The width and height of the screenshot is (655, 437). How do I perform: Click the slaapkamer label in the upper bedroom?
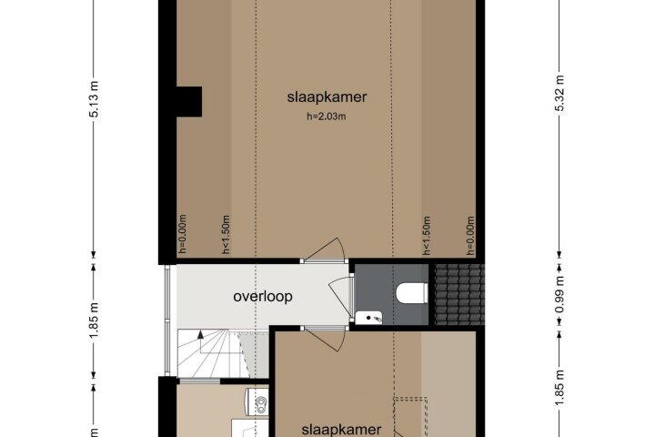click(x=327, y=97)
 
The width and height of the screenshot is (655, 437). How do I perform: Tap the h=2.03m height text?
click(x=327, y=117)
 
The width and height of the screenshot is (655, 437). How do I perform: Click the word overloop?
click(x=263, y=297)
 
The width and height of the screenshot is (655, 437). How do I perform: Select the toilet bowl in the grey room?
click(x=412, y=293)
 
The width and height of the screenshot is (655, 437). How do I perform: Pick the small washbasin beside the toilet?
click(x=368, y=318)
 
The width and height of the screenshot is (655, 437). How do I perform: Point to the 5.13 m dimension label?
click(x=95, y=99)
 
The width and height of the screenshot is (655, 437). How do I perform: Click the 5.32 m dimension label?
click(x=559, y=93)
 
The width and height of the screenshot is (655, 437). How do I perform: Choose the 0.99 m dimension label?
click(x=559, y=294)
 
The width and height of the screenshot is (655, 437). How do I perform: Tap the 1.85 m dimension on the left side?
click(x=95, y=321)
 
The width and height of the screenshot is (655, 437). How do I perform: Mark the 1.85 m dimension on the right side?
click(x=559, y=388)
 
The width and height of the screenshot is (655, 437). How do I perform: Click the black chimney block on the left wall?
click(x=189, y=102)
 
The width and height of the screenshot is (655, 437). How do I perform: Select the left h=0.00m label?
click(x=182, y=234)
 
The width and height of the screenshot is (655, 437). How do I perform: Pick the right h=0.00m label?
click(x=470, y=236)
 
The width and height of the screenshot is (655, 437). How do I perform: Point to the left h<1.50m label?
click(x=226, y=235)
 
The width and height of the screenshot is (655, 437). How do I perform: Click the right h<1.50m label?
click(x=426, y=236)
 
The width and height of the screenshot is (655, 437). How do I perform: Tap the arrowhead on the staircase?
click(x=200, y=334)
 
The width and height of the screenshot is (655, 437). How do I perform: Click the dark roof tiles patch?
click(x=459, y=294)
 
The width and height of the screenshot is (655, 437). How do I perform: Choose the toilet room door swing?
click(x=340, y=294)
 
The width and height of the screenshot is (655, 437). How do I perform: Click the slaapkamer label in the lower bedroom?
click(x=341, y=430)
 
